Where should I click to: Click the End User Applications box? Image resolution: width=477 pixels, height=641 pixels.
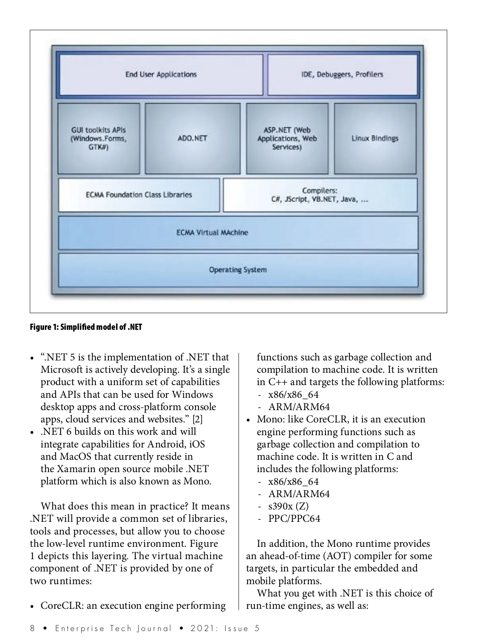click(x=161, y=75)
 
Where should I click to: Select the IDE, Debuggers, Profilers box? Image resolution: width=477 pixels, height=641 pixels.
click(x=342, y=75)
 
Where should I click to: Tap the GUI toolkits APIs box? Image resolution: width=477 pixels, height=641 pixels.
click(x=99, y=138)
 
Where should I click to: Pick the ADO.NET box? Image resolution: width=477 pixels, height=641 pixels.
click(x=192, y=138)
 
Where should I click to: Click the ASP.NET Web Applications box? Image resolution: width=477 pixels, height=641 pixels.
click(x=287, y=138)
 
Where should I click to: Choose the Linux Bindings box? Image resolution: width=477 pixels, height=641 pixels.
click(x=375, y=138)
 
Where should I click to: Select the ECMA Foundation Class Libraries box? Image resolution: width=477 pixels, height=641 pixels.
click(x=139, y=195)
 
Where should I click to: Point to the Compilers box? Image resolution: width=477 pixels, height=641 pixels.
click(x=320, y=195)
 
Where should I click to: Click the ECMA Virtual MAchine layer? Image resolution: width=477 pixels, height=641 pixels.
click(x=238, y=232)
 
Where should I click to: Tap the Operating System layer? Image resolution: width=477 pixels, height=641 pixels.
click(x=238, y=270)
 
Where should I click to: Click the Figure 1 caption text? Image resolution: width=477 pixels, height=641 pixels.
click(x=86, y=327)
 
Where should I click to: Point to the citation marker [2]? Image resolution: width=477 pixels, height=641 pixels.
click(x=198, y=419)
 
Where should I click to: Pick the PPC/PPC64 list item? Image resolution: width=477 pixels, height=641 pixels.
click(x=294, y=519)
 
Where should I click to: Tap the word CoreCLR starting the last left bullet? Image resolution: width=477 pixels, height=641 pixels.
click(x=62, y=606)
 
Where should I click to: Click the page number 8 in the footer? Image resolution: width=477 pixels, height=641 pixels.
click(x=33, y=628)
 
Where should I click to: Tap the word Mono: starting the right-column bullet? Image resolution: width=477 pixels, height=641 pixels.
click(x=270, y=419)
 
